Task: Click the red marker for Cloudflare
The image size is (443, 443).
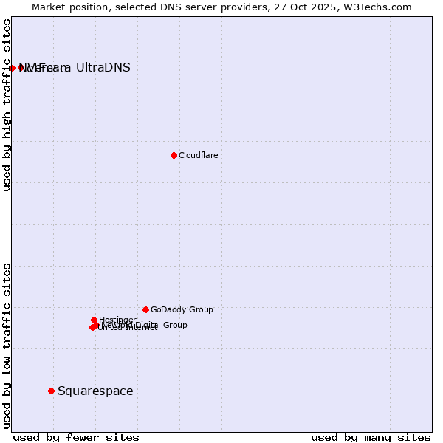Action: tap(174, 155)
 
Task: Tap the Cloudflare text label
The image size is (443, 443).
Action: tap(198, 155)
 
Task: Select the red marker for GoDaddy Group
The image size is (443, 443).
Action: tap(145, 309)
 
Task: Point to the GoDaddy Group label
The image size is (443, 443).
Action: tap(182, 309)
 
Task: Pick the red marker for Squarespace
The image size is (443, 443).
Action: tap(51, 391)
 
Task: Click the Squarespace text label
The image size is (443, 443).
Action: tap(95, 391)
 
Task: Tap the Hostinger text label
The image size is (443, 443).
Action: tap(117, 320)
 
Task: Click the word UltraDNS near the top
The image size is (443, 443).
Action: tap(103, 68)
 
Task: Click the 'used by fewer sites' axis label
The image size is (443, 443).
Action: tap(76, 437)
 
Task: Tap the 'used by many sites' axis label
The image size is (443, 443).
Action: tap(371, 437)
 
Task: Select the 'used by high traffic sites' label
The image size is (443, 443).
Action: tap(7, 105)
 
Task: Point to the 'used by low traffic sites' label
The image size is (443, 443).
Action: tap(7, 345)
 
